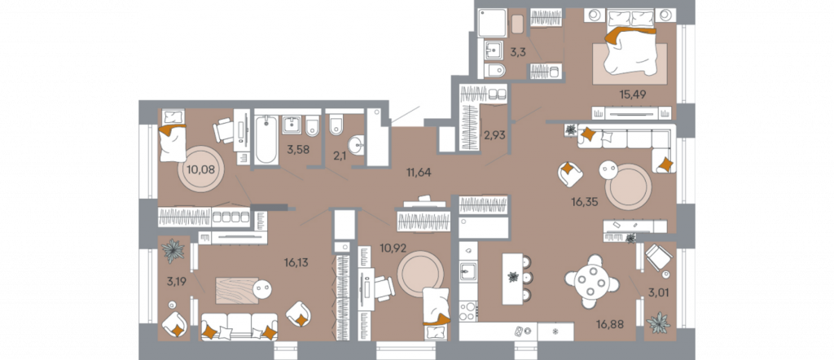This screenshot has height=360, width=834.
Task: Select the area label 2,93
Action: [494, 135]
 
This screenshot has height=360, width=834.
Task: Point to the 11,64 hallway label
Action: [418, 173]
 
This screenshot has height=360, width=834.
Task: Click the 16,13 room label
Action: [296, 262]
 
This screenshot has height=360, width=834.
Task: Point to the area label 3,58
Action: [296, 149]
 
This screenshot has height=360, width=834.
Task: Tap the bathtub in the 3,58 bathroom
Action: [266, 140]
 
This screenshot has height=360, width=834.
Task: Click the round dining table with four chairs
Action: [592, 282]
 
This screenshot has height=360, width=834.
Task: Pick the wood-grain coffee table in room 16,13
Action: [237, 290]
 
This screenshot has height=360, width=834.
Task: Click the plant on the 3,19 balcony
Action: [173, 251]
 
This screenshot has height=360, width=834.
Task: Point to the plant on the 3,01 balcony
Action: [659, 323]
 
